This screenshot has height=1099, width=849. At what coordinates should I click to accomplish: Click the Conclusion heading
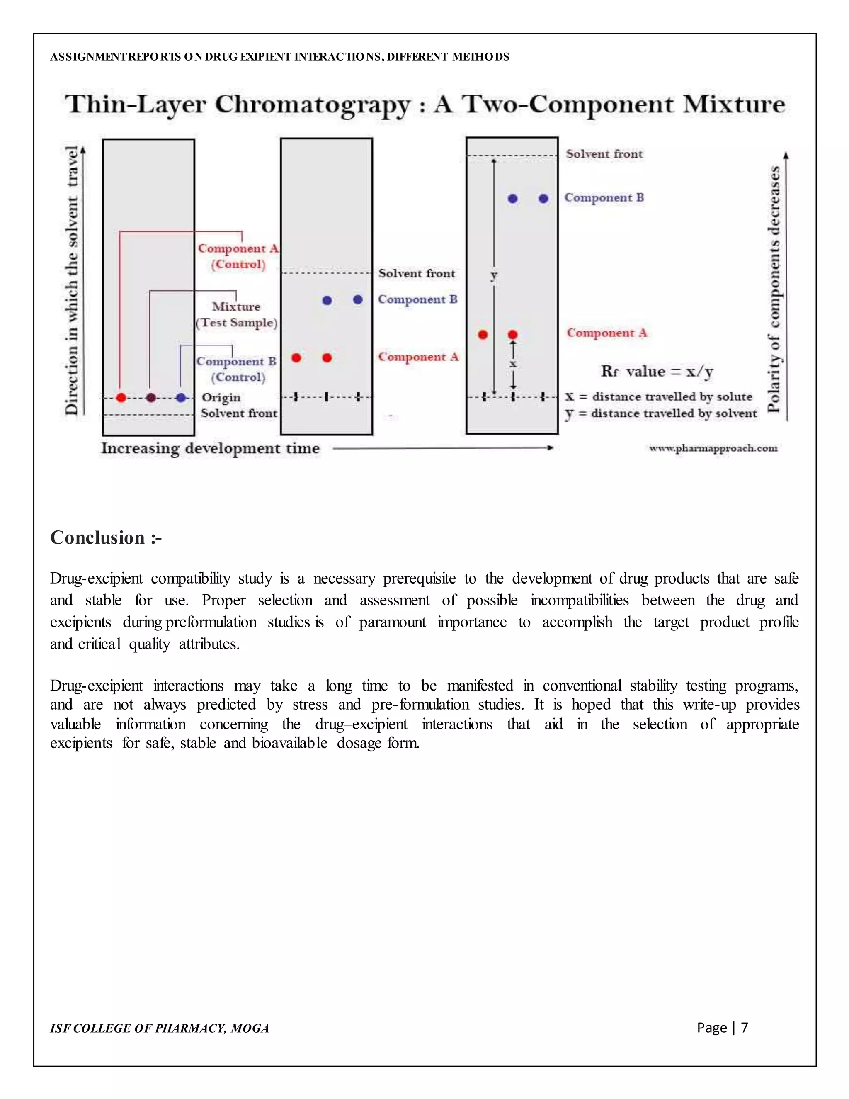pyautogui.click(x=106, y=538)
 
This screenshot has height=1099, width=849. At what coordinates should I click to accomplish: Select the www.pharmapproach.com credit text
pyautogui.click(x=713, y=448)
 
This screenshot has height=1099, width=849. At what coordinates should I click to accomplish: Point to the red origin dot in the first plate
pyautogui.click(x=121, y=398)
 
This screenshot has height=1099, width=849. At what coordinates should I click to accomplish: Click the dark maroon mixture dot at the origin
pyautogui.click(x=151, y=398)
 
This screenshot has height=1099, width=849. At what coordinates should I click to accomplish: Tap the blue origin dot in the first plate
pyautogui.click(x=181, y=398)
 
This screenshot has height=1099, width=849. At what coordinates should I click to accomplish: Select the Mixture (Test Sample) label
pyautogui.click(x=236, y=314)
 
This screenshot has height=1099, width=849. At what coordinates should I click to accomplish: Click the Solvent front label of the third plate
pyautogui.click(x=604, y=154)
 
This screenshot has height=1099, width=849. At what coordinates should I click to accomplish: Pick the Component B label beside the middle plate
pyautogui.click(x=417, y=299)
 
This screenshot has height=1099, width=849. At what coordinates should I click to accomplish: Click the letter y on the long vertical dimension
pyautogui.click(x=494, y=275)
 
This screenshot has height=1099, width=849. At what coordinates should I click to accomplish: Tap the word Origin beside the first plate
pyautogui.click(x=221, y=398)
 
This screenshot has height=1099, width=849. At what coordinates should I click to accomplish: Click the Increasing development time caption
pyautogui.click(x=210, y=448)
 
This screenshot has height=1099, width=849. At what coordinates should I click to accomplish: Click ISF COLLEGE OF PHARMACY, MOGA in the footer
pyautogui.click(x=160, y=1028)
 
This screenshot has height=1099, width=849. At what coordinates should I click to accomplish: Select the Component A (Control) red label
pyautogui.click(x=238, y=256)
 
